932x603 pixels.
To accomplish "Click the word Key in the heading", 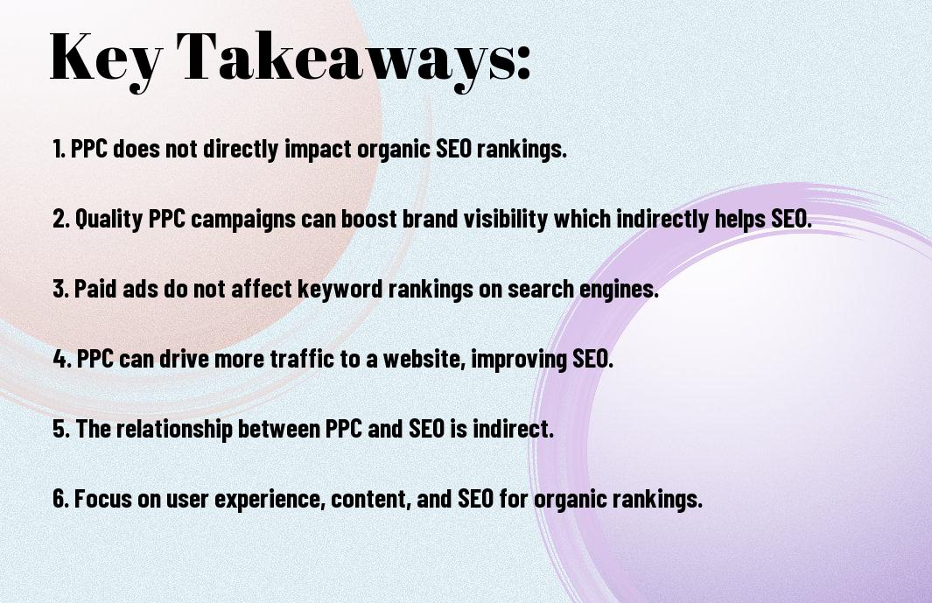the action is click(106, 59).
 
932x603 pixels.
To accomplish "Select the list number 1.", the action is click(59, 149).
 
